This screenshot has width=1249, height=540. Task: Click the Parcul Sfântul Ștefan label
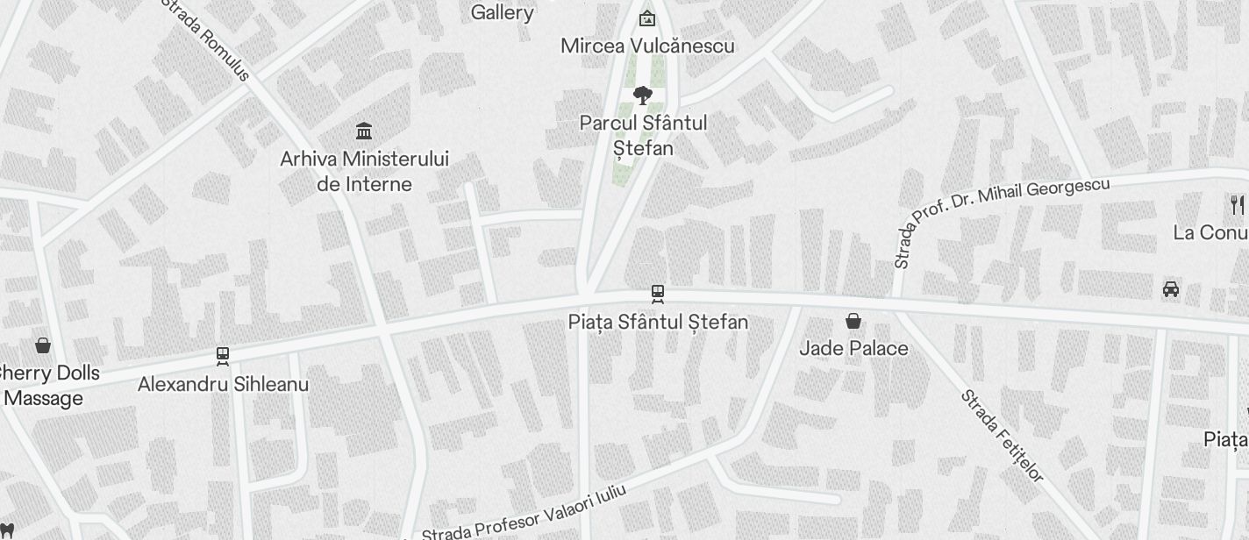pos(643,135)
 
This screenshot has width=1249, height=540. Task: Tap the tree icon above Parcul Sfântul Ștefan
pos(643,95)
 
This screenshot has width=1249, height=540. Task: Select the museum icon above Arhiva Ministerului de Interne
pos(364,131)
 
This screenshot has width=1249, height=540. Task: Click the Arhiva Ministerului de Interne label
pos(364,171)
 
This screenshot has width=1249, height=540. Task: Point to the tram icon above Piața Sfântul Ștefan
pos(657,294)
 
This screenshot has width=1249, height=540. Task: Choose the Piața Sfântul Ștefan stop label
pos(658,322)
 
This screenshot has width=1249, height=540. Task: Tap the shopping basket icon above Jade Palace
pos(853,321)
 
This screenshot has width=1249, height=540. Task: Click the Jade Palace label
pos(853,348)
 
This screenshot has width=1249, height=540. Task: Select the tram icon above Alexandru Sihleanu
pos(223,356)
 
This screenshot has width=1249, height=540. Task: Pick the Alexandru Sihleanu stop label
pos(223,384)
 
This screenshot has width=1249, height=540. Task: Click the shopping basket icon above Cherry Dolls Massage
pos(43,345)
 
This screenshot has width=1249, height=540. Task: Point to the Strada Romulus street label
pos(206,39)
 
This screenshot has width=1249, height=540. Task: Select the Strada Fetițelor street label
pos(1003,436)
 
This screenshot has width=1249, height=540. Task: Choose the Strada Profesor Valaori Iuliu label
pos(524,513)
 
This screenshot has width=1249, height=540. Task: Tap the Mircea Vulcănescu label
pos(647,46)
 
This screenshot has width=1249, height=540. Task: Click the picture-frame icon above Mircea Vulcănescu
pos(646,17)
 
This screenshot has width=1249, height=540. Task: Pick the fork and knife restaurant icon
pos(1237,205)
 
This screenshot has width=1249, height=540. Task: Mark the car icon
pos(1170,289)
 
